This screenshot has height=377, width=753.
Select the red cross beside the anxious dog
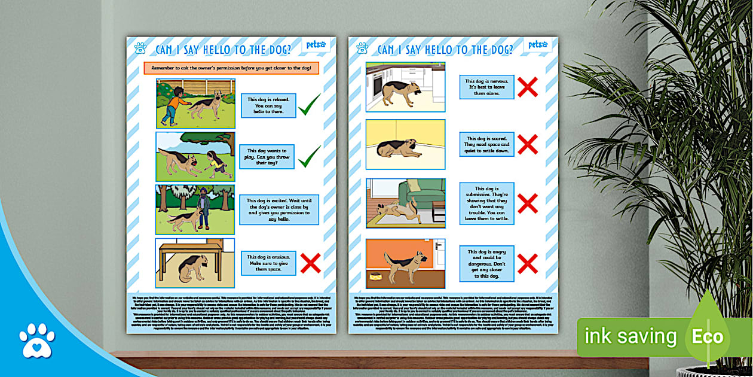coord(310,263)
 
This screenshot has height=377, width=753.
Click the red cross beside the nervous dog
coord(527,87)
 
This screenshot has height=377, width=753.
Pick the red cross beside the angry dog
coord(527,263)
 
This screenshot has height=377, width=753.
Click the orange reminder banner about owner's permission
coord(231,68)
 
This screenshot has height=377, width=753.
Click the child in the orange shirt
coord(175,105)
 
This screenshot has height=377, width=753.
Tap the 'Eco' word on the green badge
coord(708,336)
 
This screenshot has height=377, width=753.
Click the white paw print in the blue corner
coord(36,340)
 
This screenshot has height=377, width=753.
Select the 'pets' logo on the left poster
coord(316,45)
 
